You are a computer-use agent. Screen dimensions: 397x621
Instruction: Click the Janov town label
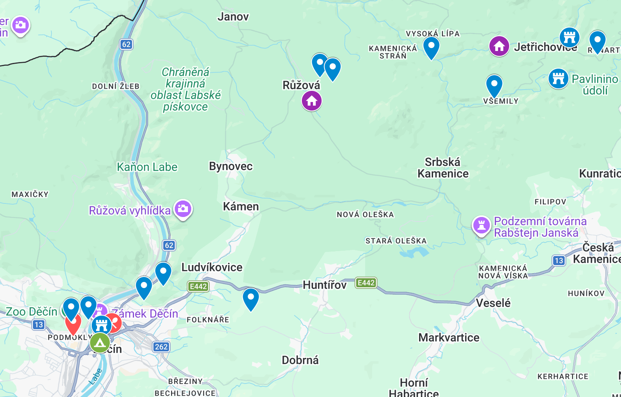tap(233, 17)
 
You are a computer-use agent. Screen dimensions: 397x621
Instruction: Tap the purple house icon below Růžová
tap(312, 101)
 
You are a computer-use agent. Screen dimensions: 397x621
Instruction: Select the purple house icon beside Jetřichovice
tap(499, 46)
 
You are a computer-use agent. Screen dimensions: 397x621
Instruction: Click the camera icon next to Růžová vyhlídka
tap(183, 209)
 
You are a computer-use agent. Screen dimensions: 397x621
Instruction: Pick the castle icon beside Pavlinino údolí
tap(558, 78)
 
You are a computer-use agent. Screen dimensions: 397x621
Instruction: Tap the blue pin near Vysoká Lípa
tap(431, 47)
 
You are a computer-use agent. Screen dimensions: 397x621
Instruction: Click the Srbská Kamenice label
tap(443, 168)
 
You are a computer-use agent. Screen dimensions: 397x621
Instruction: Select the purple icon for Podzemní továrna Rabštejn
tap(481, 226)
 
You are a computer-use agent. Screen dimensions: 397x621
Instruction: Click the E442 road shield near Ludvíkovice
tap(198, 286)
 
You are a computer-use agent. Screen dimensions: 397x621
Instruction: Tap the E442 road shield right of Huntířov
tap(366, 283)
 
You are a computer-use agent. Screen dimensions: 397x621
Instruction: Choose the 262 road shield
tap(161, 347)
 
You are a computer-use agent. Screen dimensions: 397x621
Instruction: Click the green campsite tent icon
tap(100, 342)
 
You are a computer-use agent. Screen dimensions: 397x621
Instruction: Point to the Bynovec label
tap(231, 166)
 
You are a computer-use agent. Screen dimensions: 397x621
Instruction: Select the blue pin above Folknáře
tap(250, 298)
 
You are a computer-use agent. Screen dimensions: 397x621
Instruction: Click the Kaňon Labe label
tap(147, 167)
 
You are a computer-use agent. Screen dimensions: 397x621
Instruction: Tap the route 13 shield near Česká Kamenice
tap(558, 261)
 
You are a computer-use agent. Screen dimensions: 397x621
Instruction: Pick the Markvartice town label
tap(449, 338)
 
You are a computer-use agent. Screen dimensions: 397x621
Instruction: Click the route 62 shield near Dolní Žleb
tap(126, 44)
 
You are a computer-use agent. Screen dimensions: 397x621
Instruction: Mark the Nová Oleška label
tap(365, 215)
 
